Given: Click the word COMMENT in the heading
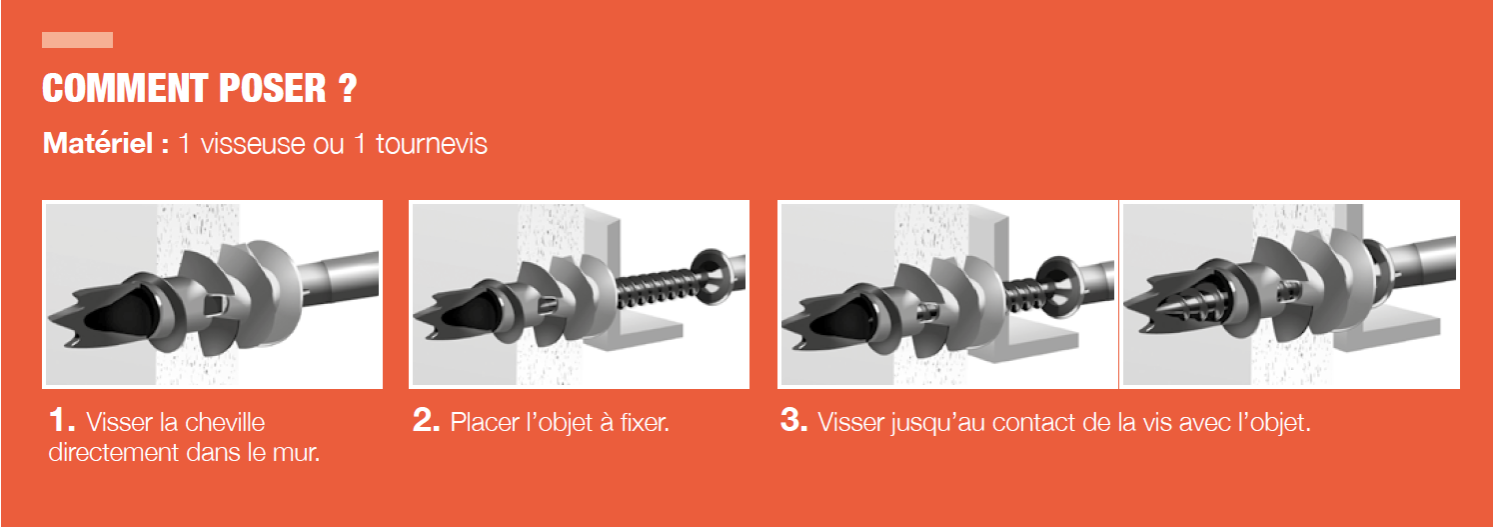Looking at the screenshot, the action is pyautogui.click(x=125, y=88).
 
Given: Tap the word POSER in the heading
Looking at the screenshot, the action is pyautogui.click(x=273, y=88).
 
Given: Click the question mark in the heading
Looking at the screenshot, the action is pyautogui.click(x=348, y=88).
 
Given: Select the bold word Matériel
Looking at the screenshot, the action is pyautogui.click(x=98, y=143).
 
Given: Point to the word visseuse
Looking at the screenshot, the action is pyautogui.click(x=253, y=144).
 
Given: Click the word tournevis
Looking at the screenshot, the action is pyautogui.click(x=432, y=144).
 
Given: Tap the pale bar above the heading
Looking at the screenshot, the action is pyautogui.click(x=77, y=40).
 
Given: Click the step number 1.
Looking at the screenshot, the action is pyautogui.click(x=61, y=420).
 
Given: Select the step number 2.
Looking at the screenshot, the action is pyautogui.click(x=426, y=420).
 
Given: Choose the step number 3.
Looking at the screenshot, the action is pyautogui.click(x=793, y=420).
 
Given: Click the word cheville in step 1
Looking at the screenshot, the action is pyautogui.click(x=225, y=422).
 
